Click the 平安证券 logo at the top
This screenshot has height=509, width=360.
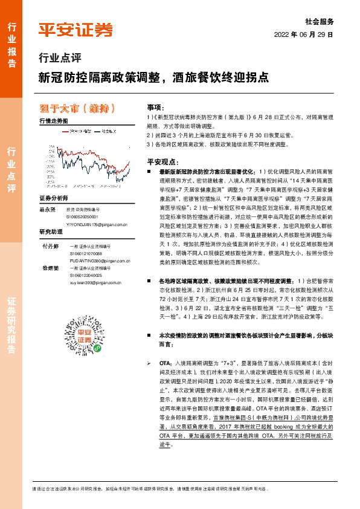pos(76,30)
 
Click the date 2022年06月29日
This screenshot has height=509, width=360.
pos(304,34)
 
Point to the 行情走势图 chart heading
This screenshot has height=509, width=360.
pos(54,122)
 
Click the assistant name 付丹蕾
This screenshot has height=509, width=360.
pos(50,247)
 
